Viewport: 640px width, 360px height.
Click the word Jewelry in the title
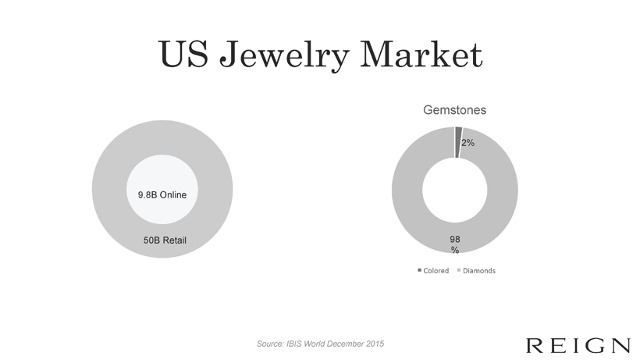tap(285, 55)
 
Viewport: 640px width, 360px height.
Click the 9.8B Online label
tap(162, 194)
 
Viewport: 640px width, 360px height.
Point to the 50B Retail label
tap(165, 240)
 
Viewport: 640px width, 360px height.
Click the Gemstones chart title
tap(455, 110)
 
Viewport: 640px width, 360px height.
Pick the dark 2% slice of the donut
tap(458, 142)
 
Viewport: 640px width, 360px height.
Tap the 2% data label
tap(468, 143)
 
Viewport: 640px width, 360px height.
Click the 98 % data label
tap(455, 244)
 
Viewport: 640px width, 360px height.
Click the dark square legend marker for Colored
tap(420, 270)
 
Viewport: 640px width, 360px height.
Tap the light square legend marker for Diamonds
tap(459, 270)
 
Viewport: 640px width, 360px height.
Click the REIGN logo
tap(578, 346)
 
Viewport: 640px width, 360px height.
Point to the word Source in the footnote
tap(270, 344)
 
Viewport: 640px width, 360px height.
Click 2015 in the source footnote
tap(375, 344)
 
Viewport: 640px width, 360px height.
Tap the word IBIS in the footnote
tap(293, 344)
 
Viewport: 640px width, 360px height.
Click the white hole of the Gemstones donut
tap(455, 191)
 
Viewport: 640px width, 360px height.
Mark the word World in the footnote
tap(314, 344)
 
